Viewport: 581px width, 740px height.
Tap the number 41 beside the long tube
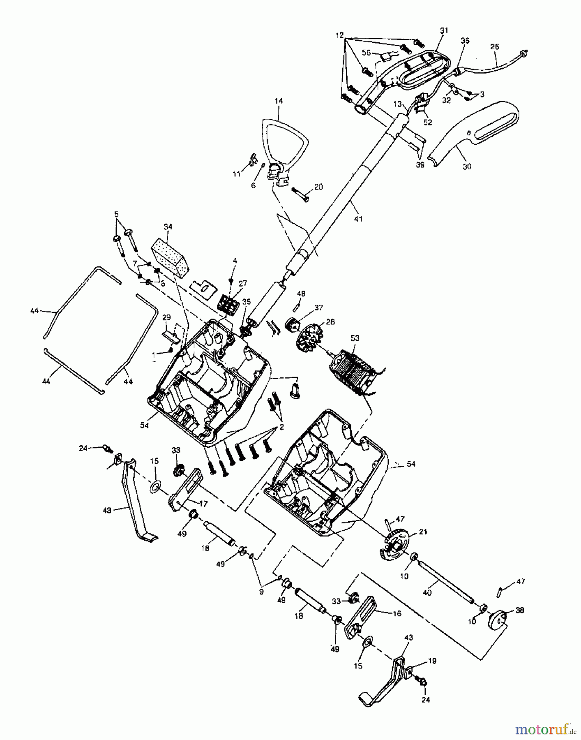(358, 219)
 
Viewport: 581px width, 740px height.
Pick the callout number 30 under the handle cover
(467, 166)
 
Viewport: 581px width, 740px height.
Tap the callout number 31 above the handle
(444, 30)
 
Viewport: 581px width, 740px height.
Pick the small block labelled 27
(228, 304)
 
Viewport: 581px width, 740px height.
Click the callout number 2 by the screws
(281, 427)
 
